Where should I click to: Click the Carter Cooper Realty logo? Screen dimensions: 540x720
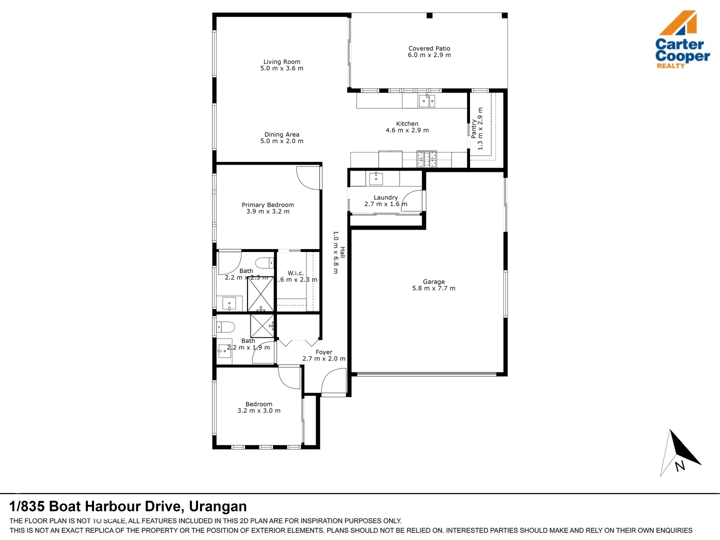(682, 40)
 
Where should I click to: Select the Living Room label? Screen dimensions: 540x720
(282, 62)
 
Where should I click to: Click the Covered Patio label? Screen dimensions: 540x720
(429, 48)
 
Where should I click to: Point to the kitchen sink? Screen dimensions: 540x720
(426, 101)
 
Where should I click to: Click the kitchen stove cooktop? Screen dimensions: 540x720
(426, 159)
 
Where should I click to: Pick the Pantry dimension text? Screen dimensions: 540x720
(480, 128)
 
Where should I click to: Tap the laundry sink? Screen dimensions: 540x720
(375, 178)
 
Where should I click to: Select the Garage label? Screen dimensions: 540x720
(433, 281)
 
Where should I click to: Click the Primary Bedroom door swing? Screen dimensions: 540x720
(307, 178)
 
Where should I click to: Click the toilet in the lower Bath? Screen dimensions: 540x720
(225, 327)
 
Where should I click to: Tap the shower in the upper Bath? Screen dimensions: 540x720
(260, 294)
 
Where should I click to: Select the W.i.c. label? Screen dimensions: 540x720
(295, 273)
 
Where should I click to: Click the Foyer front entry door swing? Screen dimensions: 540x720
(333, 382)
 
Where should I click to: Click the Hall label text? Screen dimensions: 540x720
(342, 252)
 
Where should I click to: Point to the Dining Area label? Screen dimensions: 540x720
(282, 134)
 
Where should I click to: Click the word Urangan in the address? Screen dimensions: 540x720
(217, 506)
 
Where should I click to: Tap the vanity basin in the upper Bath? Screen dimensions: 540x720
(229, 303)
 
